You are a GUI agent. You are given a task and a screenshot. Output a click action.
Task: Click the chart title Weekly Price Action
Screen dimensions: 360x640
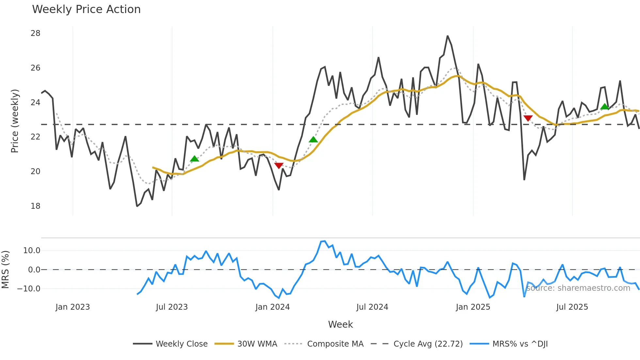[86, 9]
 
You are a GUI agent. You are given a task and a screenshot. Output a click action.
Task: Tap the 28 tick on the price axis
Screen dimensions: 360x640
[35, 33]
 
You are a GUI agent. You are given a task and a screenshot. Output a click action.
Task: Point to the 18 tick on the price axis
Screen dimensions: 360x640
[35, 206]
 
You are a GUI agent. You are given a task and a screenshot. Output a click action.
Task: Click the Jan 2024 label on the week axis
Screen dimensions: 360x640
[272, 307]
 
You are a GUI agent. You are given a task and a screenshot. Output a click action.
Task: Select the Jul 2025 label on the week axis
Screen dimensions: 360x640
[572, 307]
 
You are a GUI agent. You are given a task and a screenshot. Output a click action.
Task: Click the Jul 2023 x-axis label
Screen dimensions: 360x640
[172, 307]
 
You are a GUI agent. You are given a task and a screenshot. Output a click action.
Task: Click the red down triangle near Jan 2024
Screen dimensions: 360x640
[279, 166]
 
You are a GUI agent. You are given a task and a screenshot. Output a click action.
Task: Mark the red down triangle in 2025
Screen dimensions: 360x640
[528, 118]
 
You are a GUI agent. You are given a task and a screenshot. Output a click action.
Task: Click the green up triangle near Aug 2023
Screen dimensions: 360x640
[194, 159]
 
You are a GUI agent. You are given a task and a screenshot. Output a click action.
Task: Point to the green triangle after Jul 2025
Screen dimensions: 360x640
[604, 106]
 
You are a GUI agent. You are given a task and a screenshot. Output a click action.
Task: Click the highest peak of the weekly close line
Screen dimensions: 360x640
[447, 36]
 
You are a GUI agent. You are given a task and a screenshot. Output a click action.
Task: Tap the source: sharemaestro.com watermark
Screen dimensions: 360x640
[578, 288]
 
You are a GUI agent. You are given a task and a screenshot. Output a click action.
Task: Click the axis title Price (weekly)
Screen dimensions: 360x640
[15, 121]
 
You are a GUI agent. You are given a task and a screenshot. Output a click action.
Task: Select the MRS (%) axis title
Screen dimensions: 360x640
[5, 270]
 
